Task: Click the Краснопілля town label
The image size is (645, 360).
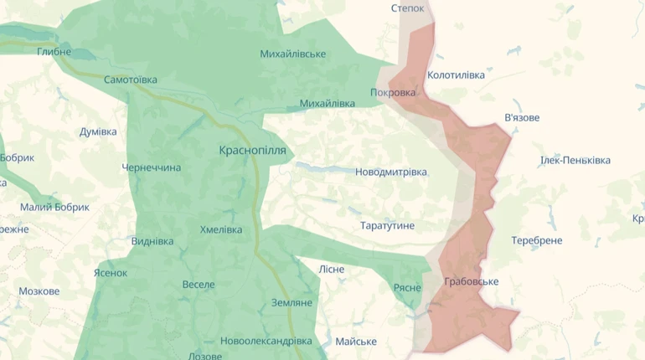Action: [x=252, y=151]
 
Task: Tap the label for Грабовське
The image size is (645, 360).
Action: [x=471, y=282]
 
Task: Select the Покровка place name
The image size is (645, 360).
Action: [x=393, y=93]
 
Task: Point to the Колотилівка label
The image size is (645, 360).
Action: [x=456, y=75]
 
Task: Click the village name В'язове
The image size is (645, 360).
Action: [x=522, y=118]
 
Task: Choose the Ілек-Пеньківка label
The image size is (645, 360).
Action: [x=575, y=160]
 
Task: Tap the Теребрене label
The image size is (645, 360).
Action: [x=537, y=240]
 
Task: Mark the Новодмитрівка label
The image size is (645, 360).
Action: [x=391, y=172]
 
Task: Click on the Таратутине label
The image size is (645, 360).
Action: [x=387, y=226]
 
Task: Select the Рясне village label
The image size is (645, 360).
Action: [x=407, y=288]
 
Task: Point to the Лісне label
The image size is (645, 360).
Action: [x=332, y=270]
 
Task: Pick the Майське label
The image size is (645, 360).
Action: [x=356, y=342]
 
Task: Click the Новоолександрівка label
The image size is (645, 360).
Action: [x=266, y=342]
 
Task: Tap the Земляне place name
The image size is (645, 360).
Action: [x=292, y=303]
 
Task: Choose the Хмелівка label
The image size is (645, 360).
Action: [x=221, y=230]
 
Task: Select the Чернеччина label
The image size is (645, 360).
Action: [x=152, y=168]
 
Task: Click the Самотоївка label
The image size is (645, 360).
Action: [x=131, y=80]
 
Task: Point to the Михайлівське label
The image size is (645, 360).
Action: [x=292, y=54]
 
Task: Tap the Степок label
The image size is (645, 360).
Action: [x=408, y=8]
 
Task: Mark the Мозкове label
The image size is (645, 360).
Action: [x=39, y=291]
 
